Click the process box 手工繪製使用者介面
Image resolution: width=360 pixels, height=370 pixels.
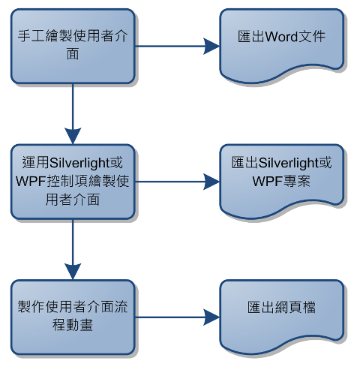pyautogui.click(x=73, y=47)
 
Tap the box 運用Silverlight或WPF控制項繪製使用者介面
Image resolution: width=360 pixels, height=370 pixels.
pyautogui.click(x=73, y=182)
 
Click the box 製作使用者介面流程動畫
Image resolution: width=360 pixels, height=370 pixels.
pyautogui.click(x=73, y=317)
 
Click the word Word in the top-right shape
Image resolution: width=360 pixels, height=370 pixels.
pyautogui.click(x=281, y=37)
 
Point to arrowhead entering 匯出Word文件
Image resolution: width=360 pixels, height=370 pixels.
pyautogui.click(x=211, y=47)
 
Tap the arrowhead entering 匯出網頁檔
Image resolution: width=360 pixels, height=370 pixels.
pyautogui.click(x=211, y=317)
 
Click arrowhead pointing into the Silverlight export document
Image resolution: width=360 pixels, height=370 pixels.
pyautogui.click(x=211, y=182)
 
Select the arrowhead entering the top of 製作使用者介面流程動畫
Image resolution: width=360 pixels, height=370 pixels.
pyautogui.click(x=73, y=272)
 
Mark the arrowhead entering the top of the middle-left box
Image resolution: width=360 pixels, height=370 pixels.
pyautogui.click(x=73, y=137)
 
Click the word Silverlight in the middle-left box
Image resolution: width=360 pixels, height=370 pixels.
pyautogui.click(x=79, y=163)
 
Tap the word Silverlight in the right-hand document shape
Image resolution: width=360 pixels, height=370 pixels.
pyautogui.click(x=288, y=163)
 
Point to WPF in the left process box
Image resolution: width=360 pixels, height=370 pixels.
pyautogui.click(x=31, y=181)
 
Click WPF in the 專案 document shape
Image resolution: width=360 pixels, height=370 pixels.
pyautogui.click(x=267, y=181)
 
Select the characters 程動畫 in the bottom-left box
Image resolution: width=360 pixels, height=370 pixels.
pyautogui.click(x=73, y=325)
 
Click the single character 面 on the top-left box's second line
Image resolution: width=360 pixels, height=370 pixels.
pyautogui.click(x=73, y=54)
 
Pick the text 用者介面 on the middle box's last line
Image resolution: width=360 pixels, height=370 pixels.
pyautogui.click(x=73, y=200)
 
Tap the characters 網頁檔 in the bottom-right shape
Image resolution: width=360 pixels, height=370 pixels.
pyautogui.click(x=295, y=307)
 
